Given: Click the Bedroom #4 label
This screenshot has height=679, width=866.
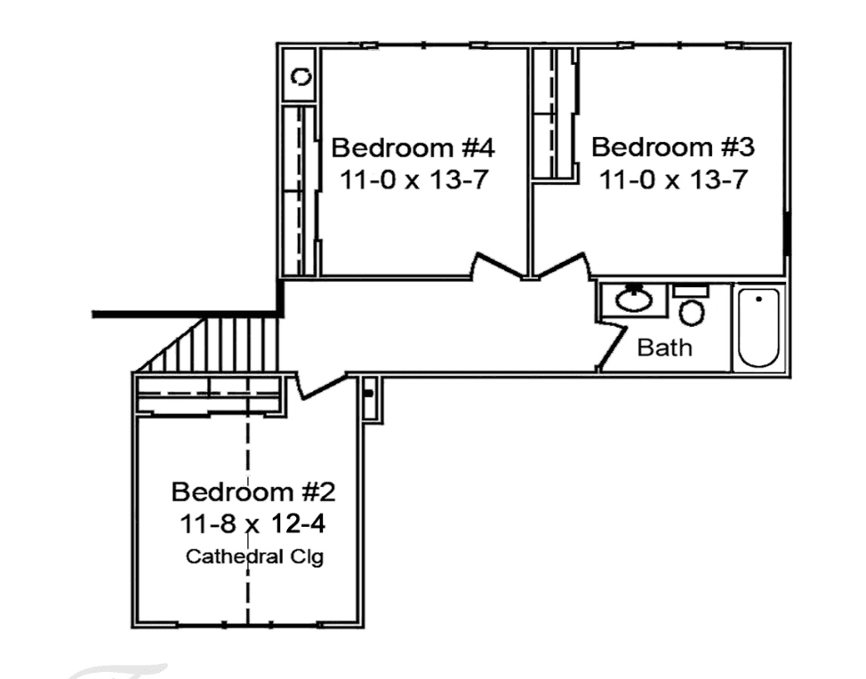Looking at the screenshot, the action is pos(413,148).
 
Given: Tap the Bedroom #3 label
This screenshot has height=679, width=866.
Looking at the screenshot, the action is pos(673,147).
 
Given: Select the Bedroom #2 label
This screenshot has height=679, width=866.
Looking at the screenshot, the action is pos(253,491).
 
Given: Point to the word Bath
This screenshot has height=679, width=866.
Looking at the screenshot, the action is pos(664,347).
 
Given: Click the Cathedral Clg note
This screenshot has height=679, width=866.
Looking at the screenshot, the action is pos(254,556).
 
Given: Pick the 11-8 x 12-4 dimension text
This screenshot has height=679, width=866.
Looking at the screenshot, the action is pos(253,523).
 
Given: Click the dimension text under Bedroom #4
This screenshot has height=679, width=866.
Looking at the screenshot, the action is pos(413,180).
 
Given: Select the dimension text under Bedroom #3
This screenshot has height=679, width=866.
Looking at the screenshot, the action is pos(673,180).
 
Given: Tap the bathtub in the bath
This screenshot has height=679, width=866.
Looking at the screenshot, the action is pos(758,327).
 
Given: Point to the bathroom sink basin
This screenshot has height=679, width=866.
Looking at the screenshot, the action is pos(633,300).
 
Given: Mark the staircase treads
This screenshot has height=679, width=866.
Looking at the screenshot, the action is pos(210,344).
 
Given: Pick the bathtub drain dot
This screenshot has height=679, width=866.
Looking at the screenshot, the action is pos(758,300).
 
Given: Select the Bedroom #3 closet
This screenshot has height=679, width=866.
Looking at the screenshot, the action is pos(554,113).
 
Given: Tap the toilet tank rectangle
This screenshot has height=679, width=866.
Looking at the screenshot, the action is pos(691,291).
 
